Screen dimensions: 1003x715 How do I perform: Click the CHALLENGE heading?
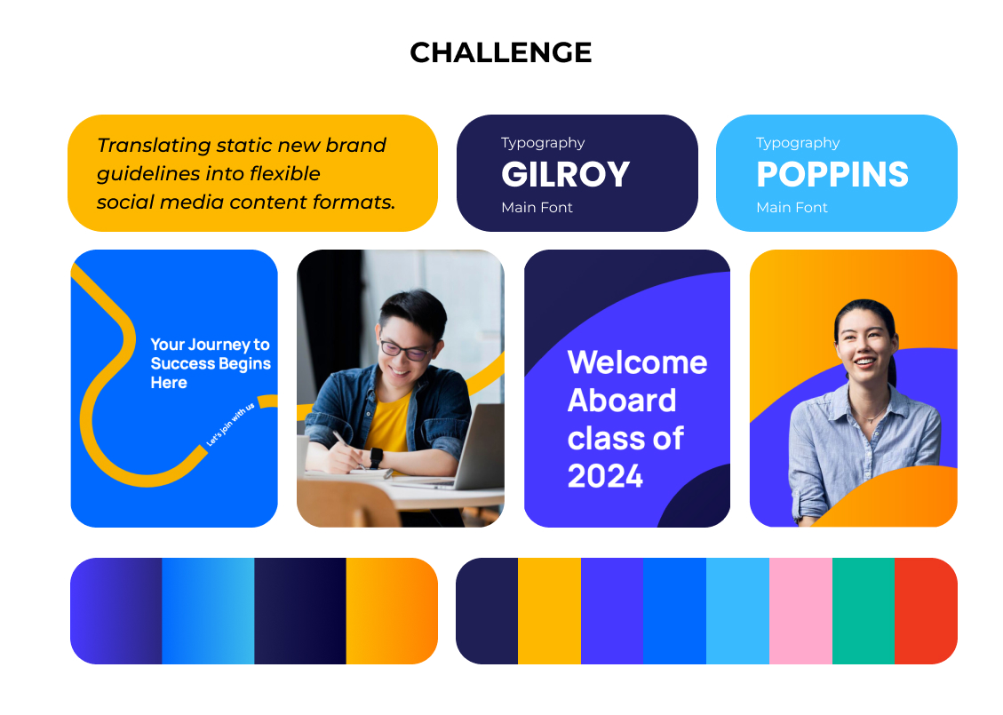tap(501, 52)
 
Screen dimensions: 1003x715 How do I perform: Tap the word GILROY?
tap(566, 175)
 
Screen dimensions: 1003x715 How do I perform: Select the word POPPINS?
tap(832, 175)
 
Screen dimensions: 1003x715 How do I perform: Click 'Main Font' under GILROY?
tap(537, 207)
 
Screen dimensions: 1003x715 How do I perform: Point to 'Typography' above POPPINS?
tap(798, 143)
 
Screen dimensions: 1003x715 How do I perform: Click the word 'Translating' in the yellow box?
tap(154, 146)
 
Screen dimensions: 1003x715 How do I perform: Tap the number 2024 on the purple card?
tap(605, 476)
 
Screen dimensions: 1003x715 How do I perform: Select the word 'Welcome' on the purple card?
tap(637, 362)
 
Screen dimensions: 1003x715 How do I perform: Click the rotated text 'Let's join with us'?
tap(230, 424)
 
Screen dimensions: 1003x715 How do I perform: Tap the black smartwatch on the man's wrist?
tap(376, 458)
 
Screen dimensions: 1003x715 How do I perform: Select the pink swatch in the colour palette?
tap(800, 611)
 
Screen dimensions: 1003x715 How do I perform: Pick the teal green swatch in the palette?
tap(864, 611)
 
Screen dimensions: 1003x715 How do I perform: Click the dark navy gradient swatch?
tap(300, 611)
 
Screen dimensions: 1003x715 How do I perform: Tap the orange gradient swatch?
tap(392, 611)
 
